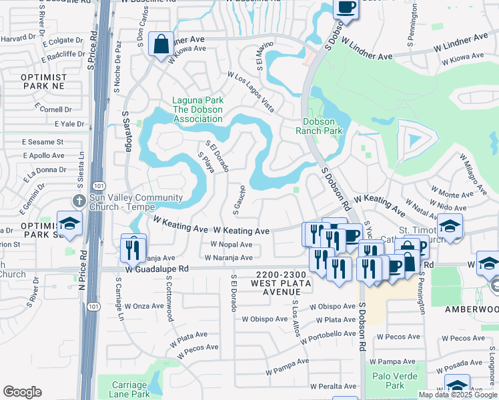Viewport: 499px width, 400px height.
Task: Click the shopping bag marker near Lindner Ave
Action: pos(161,45)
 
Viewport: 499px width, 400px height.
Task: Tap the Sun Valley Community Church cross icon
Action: pos(79,200)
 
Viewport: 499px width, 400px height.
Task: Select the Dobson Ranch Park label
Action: pos(322,126)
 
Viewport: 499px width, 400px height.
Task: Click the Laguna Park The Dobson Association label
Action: pos(197,109)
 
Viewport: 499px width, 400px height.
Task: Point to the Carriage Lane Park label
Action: pos(129,389)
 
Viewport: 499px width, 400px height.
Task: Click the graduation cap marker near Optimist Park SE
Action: pos(69,224)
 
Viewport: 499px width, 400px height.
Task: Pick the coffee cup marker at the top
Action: pos(346,8)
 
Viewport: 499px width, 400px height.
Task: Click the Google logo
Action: pos(23,392)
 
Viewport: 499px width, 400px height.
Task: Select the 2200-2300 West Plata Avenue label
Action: pos(280,283)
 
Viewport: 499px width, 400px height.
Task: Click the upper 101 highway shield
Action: pos(98,185)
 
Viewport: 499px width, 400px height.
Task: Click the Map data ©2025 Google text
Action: pos(458,394)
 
